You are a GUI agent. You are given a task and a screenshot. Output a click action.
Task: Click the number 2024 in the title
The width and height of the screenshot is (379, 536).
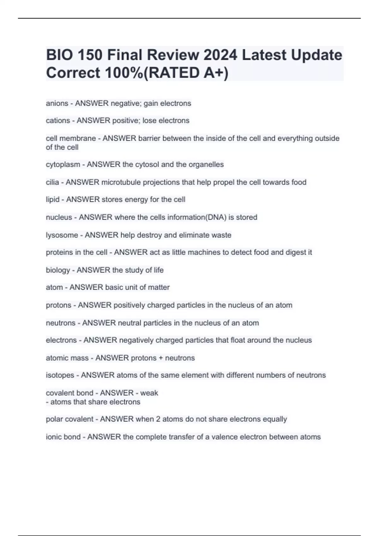(x=220, y=55)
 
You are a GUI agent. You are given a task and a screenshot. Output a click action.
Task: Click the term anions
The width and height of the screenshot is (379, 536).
(x=57, y=103)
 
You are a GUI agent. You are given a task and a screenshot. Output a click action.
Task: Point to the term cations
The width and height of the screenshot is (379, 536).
(x=58, y=120)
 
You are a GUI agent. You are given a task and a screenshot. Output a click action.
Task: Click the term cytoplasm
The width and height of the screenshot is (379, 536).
(x=63, y=165)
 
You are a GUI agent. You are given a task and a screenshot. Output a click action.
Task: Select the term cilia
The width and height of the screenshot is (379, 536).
(x=52, y=182)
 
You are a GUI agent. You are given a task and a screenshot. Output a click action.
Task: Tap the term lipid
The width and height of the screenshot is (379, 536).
(x=52, y=200)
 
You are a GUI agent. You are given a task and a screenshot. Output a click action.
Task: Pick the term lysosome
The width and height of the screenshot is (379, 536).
(x=62, y=235)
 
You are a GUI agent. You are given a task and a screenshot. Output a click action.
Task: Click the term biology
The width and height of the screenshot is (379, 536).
(x=58, y=270)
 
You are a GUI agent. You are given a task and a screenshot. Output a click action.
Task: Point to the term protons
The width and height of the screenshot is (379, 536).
(x=58, y=305)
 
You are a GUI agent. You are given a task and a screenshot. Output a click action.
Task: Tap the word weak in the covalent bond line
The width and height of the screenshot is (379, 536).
(x=149, y=393)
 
